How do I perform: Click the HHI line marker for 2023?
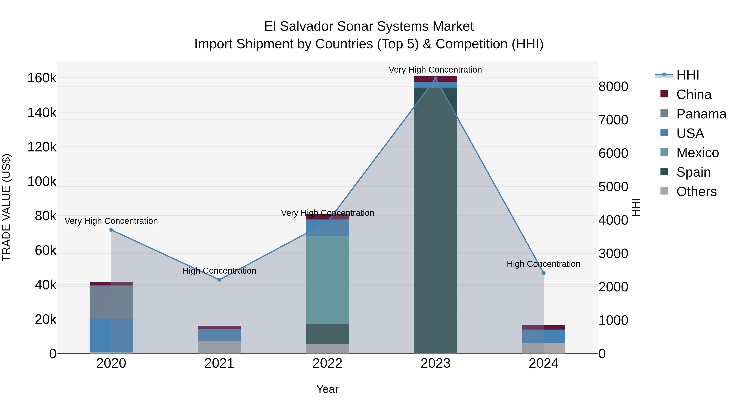pos(435,78)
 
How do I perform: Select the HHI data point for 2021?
pos(219,280)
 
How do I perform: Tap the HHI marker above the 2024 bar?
pos(544,273)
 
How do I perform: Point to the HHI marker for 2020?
pos(111,230)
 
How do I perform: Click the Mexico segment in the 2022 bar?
pos(327,280)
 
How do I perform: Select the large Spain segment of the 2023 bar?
pos(435,221)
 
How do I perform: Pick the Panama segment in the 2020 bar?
pos(111,302)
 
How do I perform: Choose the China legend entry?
pos(693,94)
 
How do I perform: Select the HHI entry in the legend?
pos(687,75)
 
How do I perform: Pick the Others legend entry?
pos(696,192)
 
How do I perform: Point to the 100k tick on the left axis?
pos(42,182)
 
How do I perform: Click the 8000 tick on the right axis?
pos(613,86)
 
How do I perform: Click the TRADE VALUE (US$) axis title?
pos(6,207)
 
